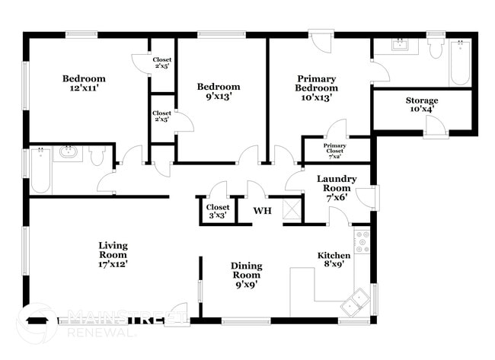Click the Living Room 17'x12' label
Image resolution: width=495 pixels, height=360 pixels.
[x=113, y=255]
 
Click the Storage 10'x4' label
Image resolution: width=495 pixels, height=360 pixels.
[x=421, y=105]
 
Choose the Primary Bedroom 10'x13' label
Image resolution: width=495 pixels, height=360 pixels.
[x=317, y=88]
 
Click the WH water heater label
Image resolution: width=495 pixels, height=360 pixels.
[x=262, y=210]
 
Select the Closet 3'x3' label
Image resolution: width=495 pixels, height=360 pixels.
[x=218, y=211]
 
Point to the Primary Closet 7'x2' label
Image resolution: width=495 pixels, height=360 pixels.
[x=335, y=150]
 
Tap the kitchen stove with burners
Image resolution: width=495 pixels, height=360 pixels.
[x=362, y=241]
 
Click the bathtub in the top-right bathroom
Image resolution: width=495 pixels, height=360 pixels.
[x=459, y=63]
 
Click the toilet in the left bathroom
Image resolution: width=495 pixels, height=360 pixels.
[x=97, y=156]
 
